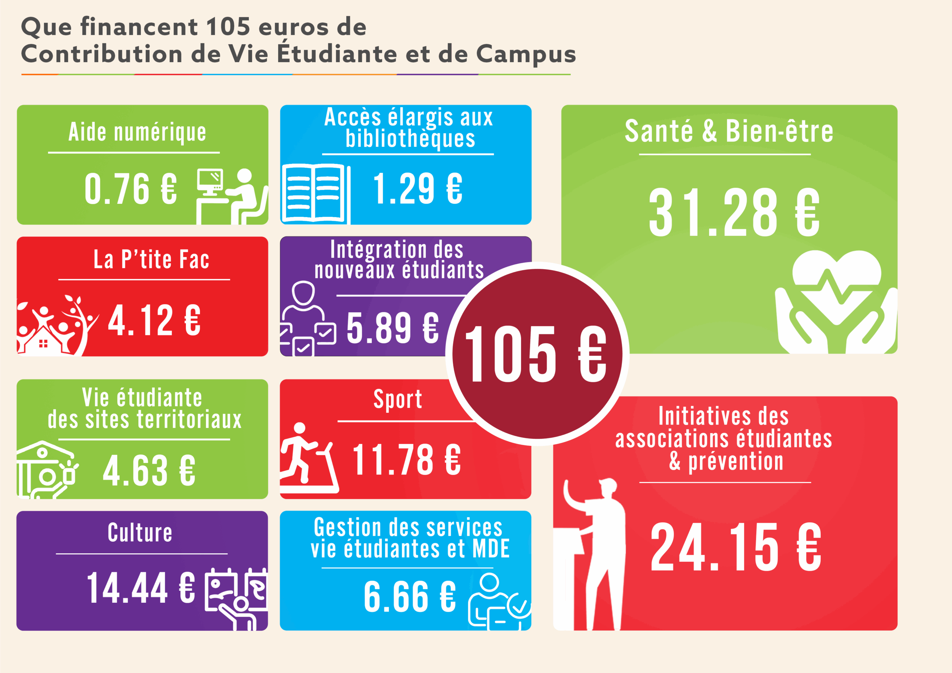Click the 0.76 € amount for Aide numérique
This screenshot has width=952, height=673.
pos(131,189)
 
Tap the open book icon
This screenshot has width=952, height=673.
pos(315,193)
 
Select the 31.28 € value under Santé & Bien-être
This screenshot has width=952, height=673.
pos(734,212)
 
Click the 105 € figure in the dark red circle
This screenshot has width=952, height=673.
pos(536,354)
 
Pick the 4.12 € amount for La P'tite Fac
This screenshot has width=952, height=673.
pos(154,320)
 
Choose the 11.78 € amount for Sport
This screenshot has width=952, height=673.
pos(406,460)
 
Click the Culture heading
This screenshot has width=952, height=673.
pos(140,532)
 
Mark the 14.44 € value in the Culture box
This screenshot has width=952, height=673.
pos(141,588)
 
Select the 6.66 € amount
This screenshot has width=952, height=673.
pos(410,597)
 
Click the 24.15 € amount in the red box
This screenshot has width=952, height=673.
pos(736,547)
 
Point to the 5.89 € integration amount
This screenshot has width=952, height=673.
pos(393,328)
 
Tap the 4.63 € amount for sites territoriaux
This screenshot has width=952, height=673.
pos(149,471)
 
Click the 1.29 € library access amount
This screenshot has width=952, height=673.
pos(418,189)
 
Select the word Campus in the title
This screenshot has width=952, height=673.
pos(526,54)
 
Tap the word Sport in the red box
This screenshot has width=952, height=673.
pos(398,400)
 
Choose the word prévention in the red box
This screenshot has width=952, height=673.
pos(736,461)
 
